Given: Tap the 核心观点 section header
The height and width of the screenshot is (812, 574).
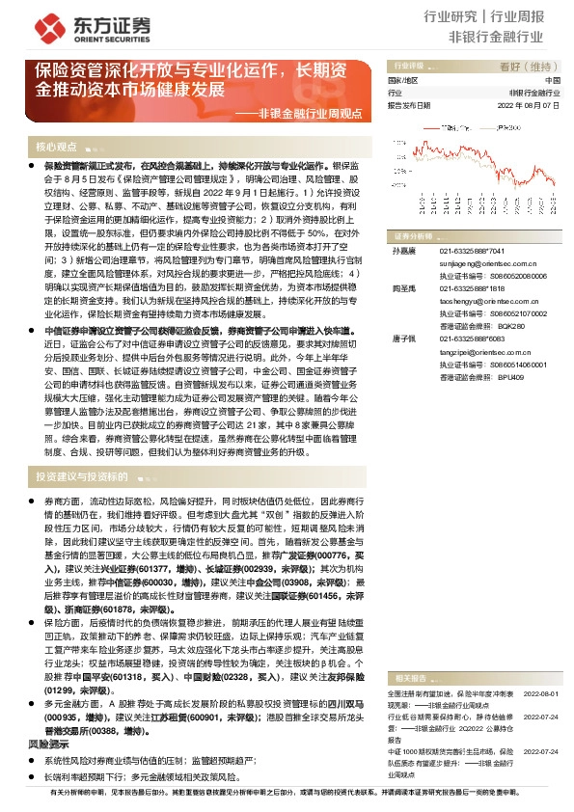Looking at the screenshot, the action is (x=57, y=147).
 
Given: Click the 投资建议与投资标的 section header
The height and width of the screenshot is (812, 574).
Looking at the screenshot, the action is (x=82, y=477).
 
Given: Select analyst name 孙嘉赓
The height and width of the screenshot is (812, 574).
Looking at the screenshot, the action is (x=402, y=251).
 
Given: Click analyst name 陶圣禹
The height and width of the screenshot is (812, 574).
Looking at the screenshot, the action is (x=402, y=288).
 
